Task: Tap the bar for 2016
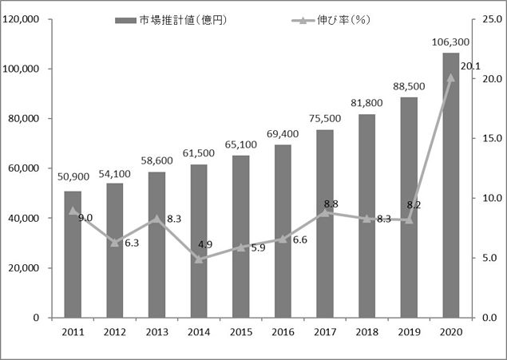(x=283, y=231)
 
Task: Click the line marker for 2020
(x=451, y=77)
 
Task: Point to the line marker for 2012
(x=115, y=242)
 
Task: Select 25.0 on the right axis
(x=489, y=19)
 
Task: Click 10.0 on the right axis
(x=489, y=198)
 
